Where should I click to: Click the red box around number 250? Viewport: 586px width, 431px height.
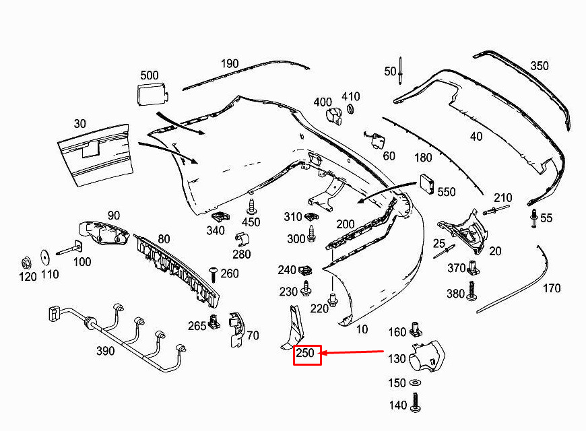(307, 353)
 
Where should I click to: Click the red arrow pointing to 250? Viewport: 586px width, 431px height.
(354, 352)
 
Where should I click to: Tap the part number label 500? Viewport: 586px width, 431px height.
(150, 75)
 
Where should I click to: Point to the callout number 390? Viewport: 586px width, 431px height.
(105, 351)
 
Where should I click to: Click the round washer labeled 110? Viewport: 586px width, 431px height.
(45, 257)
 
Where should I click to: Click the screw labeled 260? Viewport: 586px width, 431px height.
(214, 273)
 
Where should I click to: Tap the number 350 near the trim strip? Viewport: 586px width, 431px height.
(540, 66)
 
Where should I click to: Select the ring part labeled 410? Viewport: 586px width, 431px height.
(351, 110)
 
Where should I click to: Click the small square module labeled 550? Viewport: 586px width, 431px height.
(427, 183)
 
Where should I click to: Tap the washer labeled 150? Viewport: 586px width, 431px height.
(416, 384)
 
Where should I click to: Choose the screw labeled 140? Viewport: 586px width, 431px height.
(416, 404)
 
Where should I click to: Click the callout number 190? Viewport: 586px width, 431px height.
(230, 64)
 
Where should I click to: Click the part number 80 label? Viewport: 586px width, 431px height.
(164, 238)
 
